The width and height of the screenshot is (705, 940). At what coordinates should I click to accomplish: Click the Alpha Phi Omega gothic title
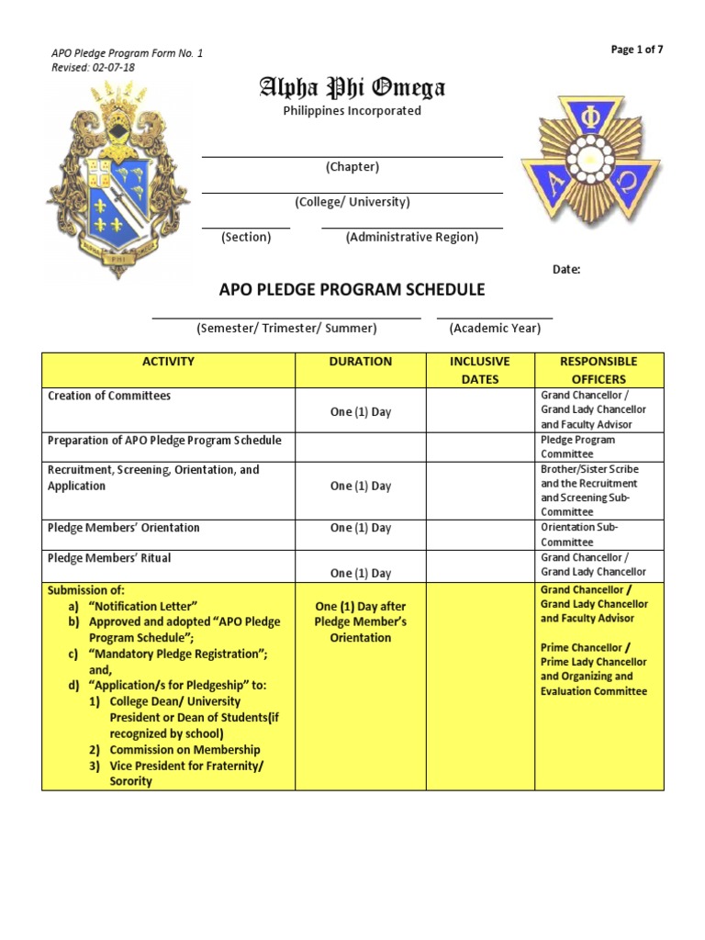(352, 87)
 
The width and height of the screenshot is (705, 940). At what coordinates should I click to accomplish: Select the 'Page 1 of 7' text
(637, 50)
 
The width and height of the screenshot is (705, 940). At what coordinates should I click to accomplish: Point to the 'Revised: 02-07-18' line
(94, 67)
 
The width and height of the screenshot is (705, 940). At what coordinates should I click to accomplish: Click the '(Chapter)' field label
(352, 167)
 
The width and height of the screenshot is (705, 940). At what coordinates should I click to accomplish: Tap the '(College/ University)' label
(352, 202)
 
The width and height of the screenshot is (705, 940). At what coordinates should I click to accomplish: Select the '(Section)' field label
(246, 237)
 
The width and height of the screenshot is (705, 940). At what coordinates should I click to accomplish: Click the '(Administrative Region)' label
(411, 237)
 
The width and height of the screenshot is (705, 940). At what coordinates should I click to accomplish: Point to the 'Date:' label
(565, 269)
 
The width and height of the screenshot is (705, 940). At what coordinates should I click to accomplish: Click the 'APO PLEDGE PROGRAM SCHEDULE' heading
(352, 290)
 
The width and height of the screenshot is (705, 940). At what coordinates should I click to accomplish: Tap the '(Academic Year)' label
(495, 328)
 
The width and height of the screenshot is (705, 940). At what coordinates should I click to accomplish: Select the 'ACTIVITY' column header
(168, 362)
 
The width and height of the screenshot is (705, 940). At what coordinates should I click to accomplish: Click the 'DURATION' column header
(360, 362)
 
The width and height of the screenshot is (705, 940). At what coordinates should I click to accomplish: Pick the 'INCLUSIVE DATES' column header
(480, 370)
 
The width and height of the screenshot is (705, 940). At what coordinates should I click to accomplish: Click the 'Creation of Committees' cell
(109, 396)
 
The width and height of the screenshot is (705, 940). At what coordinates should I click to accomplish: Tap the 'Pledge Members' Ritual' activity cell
(109, 558)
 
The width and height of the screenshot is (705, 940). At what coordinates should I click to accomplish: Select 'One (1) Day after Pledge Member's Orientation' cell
(360, 621)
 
